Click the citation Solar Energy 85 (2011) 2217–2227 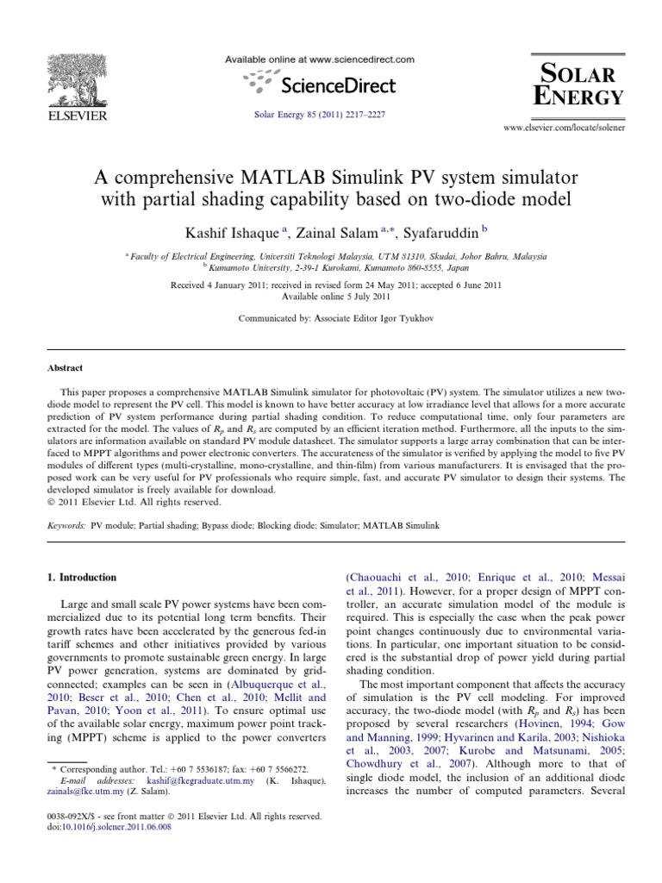tap(320, 114)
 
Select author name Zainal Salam tap(334, 230)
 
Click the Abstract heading tap(65, 366)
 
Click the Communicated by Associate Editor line tap(331, 318)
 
